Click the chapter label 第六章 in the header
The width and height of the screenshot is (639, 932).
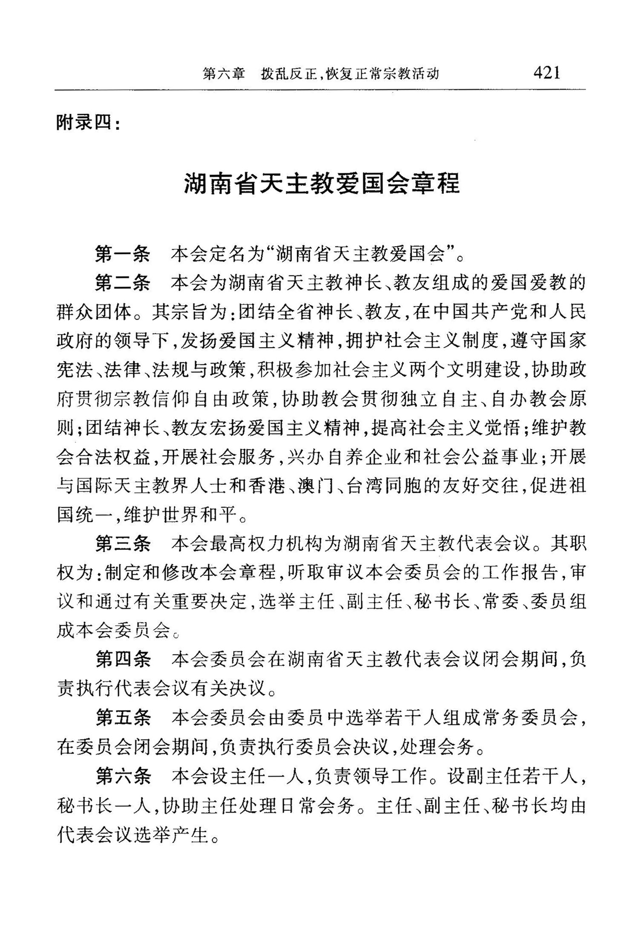tap(224, 74)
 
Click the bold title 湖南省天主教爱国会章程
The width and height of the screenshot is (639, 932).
tap(322, 184)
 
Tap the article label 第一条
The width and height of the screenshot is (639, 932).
tap(123, 255)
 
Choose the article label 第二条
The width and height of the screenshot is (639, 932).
tap(123, 283)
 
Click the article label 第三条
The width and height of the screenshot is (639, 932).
tap(123, 544)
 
